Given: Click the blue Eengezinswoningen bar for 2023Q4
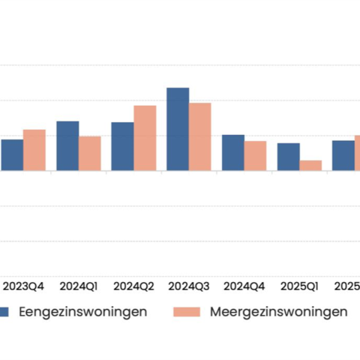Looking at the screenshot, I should pyautogui.click(x=12, y=155).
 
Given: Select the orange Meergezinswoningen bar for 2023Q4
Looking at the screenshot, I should pyautogui.click(x=34, y=150).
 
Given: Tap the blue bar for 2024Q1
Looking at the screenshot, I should pyautogui.click(x=67, y=146).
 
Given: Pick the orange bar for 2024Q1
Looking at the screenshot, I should pyautogui.click(x=89, y=154).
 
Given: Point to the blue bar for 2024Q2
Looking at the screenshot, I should pyautogui.click(x=122, y=146).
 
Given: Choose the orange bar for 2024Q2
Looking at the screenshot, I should pyautogui.click(x=145, y=138).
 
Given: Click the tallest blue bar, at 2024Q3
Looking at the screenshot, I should pyautogui.click(x=178, y=129).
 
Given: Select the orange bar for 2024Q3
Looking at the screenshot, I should pyautogui.click(x=199, y=136).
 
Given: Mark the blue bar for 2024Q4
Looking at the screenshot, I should pyautogui.click(x=233, y=153).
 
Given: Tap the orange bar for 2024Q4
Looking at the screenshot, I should pyautogui.click(x=255, y=156).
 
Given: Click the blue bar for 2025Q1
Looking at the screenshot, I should pyautogui.click(x=289, y=157).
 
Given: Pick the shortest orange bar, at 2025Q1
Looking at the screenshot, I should pyautogui.click(x=310, y=166).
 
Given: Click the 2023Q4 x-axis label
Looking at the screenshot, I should pyautogui.click(x=24, y=286).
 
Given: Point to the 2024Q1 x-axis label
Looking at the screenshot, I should pyautogui.click(x=79, y=286).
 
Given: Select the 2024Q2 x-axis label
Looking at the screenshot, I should pyautogui.click(x=133, y=286).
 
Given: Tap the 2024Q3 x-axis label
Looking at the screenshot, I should pyautogui.click(x=189, y=286).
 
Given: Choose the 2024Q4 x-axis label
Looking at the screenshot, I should pyautogui.click(x=244, y=286).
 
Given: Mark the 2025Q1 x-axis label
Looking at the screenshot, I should pyautogui.click(x=299, y=286).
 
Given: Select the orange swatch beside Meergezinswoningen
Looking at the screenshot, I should pyautogui.click(x=187, y=311).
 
